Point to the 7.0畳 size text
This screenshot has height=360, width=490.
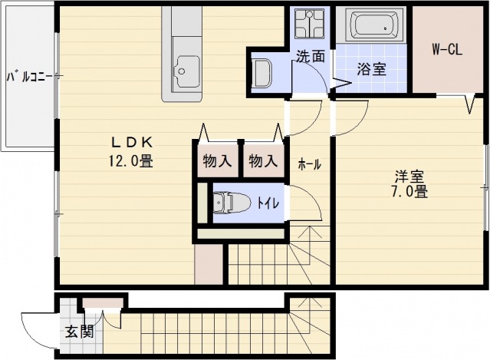tap(409, 192)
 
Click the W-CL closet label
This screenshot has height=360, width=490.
tap(447, 51)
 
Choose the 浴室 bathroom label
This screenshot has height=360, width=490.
tap(371, 68)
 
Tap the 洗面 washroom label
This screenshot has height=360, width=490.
tap(311, 55)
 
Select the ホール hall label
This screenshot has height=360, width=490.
tap(309, 164)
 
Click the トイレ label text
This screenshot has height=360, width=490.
tap(268, 203)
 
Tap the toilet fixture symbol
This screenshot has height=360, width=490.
tap(231, 203)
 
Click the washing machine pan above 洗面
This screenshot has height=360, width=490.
tap(311, 24)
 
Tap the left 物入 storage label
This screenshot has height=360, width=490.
tap(217, 161)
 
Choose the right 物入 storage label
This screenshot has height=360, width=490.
tap(262, 161)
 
